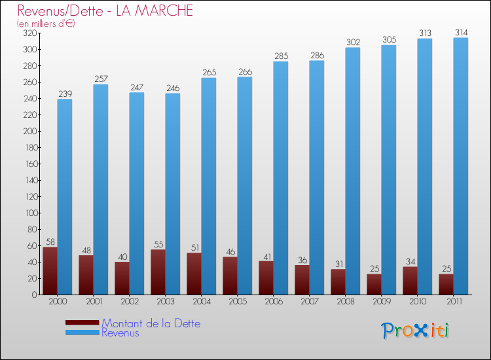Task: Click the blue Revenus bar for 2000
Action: pos(65,196)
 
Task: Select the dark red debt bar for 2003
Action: pos(158,272)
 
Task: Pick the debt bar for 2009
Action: pos(374,284)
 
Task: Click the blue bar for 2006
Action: pos(281,177)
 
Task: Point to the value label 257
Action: pos(100,79)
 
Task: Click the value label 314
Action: pos(461,32)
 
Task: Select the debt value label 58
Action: pos(50,242)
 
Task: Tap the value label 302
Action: pos(353,42)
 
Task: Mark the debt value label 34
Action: pos(410,262)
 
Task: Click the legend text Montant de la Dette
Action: pos(151,323)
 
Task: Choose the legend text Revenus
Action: pos(120,333)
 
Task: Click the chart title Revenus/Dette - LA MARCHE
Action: pos(105,11)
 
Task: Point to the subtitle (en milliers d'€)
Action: pos(46,24)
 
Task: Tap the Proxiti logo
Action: pos(416,331)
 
